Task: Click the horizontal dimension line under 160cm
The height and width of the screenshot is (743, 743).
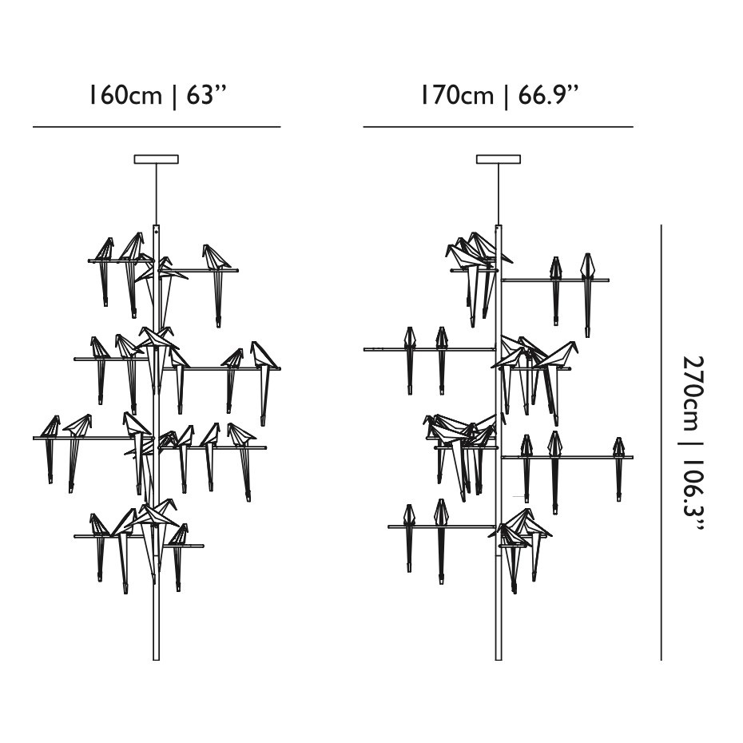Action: tap(157, 126)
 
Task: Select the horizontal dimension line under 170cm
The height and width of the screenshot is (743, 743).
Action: tap(498, 126)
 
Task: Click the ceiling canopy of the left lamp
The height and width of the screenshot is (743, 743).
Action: tap(157, 160)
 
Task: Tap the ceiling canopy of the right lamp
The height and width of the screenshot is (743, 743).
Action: tap(499, 160)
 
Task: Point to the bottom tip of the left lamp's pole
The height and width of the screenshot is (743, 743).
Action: tap(157, 658)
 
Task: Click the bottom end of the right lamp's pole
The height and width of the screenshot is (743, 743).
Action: tap(499, 658)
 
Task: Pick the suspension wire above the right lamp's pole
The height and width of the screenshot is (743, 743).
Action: tap(499, 193)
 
